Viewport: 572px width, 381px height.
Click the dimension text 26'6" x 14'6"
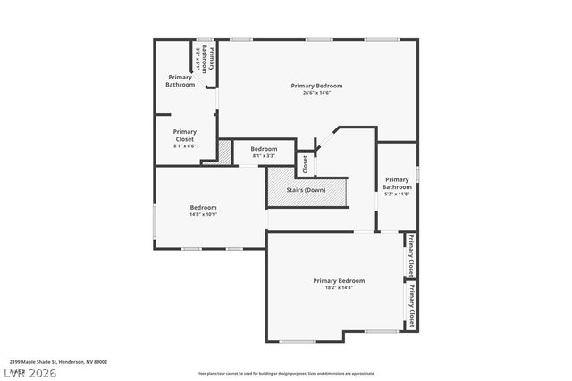click(316, 93)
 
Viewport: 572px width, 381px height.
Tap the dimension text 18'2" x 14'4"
click(338, 287)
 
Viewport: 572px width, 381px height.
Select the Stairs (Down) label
click(306, 190)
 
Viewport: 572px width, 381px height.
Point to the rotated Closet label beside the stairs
click(305, 165)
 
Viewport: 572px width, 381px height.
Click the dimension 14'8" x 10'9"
click(203, 214)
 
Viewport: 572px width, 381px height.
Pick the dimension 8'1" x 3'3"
click(264, 156)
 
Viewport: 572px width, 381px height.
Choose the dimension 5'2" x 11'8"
click(397, 194)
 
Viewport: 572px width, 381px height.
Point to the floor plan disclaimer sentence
click(286, 373)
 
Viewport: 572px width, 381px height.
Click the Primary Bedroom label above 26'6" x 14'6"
click(316, 86)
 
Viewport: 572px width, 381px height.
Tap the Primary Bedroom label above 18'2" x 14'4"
click(338, 280)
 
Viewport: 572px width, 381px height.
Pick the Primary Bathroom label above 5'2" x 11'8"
click(397, 183)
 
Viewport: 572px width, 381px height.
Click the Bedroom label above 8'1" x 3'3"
click(264, 149)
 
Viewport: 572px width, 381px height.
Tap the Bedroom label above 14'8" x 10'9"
click(203, 207)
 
